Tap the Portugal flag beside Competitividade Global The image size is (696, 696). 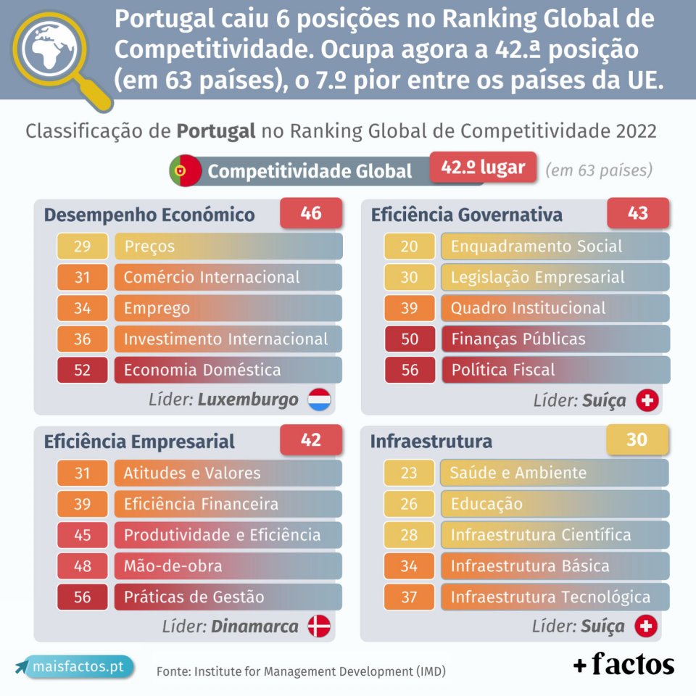[186, 171]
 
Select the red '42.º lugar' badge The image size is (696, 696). [483, 167]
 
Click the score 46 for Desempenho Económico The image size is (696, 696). [311, 214]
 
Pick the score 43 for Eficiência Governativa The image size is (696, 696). [637, 214]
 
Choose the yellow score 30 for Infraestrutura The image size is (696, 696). [637, 440]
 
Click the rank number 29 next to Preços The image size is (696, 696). [82, 246]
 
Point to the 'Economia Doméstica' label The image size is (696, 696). [202, 370]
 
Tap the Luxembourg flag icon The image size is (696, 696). [320, 399]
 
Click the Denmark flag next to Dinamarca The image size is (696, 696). [319, 626]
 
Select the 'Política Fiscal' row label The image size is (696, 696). [502, 370]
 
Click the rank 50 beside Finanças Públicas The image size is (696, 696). [410, 339]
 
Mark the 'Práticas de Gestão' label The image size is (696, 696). [194, 597]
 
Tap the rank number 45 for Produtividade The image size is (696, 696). [82, 535]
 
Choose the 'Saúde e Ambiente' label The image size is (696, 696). [518, 473]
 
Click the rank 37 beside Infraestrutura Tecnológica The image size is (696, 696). [410, 597]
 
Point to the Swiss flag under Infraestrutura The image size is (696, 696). [646, 626]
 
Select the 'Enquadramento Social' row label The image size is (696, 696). [536, 246]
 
